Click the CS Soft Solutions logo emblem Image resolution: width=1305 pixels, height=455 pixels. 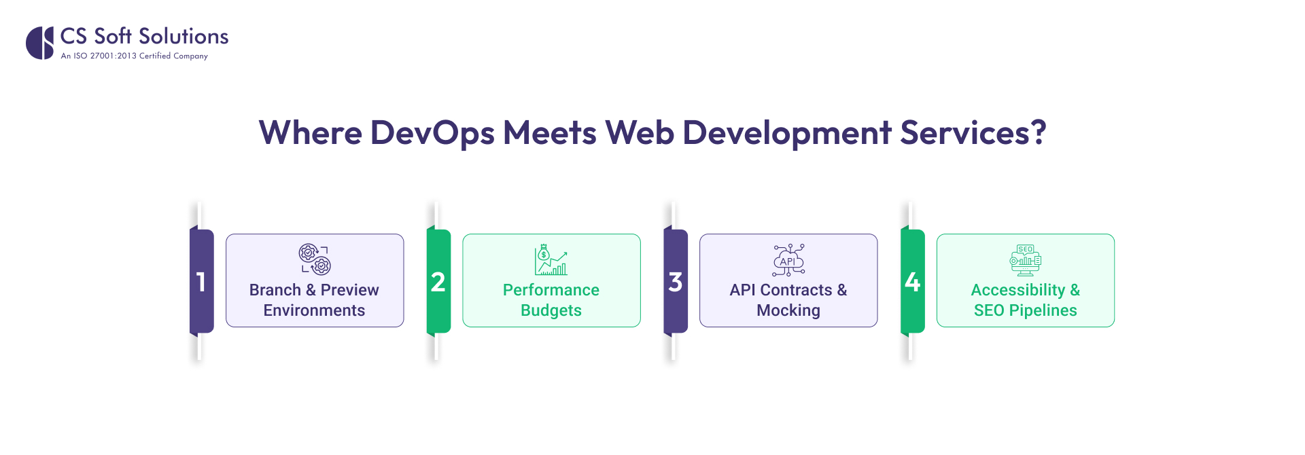[x=39, y=43]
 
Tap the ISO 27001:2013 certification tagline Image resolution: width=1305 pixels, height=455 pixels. [x=134, y=56]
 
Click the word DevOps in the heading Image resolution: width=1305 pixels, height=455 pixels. [x=432, y=133]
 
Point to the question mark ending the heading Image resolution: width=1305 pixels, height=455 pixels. [x=1039, y=132]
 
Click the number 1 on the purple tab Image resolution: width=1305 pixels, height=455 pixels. [x=201, y=282]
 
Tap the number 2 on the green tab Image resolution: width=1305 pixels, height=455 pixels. [x=438, y=282]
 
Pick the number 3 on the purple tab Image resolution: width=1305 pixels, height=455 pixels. [x=675, y=282]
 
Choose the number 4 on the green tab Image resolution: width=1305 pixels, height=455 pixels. [x=912, y=282]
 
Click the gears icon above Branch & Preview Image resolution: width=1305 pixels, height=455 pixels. [x=315, y=259]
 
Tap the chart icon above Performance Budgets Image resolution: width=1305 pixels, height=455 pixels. [x=551, y=259]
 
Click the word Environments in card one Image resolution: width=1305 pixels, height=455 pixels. [x=314, y=310]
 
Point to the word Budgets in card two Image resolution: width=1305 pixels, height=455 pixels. [x=551, y=310]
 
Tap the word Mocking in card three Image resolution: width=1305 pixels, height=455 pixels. [x=788, y=310]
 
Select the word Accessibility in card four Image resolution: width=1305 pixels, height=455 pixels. [x=1017, y=290]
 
